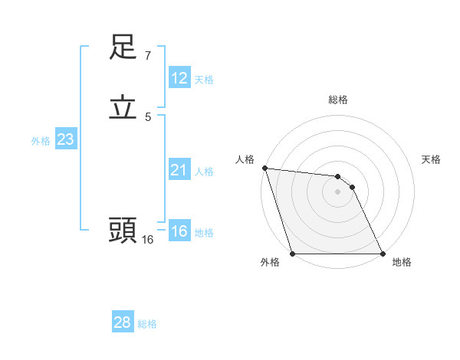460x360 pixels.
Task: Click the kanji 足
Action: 123,47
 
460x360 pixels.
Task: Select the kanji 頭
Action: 123,229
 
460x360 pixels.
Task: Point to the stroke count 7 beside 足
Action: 147,56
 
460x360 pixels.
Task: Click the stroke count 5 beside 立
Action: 147,116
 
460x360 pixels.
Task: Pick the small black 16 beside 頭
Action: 147,239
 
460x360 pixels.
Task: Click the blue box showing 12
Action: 179,78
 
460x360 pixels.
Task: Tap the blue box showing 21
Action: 179,170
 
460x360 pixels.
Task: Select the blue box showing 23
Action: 65,139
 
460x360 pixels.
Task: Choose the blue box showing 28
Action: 123,322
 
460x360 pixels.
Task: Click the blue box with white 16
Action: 179,231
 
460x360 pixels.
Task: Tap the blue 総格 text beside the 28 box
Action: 147,324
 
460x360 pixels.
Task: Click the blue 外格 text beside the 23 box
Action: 41,141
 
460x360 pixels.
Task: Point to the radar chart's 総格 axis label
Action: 338,100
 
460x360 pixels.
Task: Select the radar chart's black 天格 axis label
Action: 431,159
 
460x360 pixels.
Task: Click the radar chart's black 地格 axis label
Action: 402,262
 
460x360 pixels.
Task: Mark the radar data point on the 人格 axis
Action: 264,168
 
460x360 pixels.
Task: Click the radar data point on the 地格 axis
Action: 383,254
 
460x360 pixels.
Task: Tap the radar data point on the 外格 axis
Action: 293,254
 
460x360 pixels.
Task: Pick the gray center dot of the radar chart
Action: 338,191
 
